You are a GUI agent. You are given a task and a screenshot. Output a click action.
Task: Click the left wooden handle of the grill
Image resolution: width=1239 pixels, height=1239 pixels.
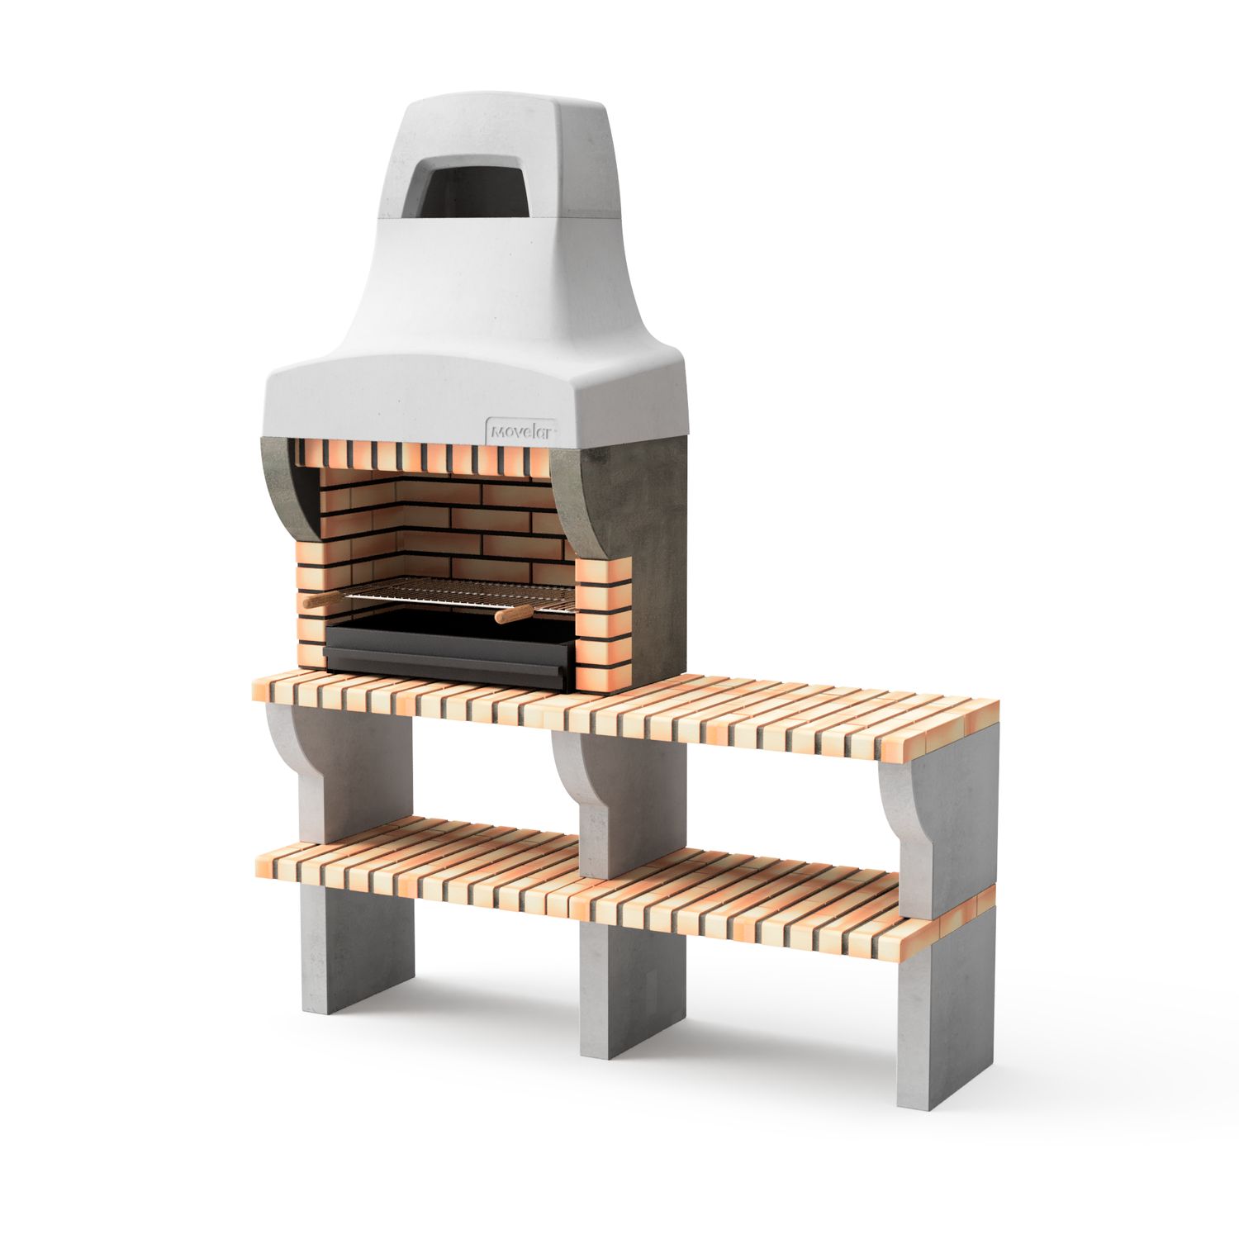click(320, 601)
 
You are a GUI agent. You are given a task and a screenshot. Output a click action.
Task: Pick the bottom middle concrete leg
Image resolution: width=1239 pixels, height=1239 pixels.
click(632, 991)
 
